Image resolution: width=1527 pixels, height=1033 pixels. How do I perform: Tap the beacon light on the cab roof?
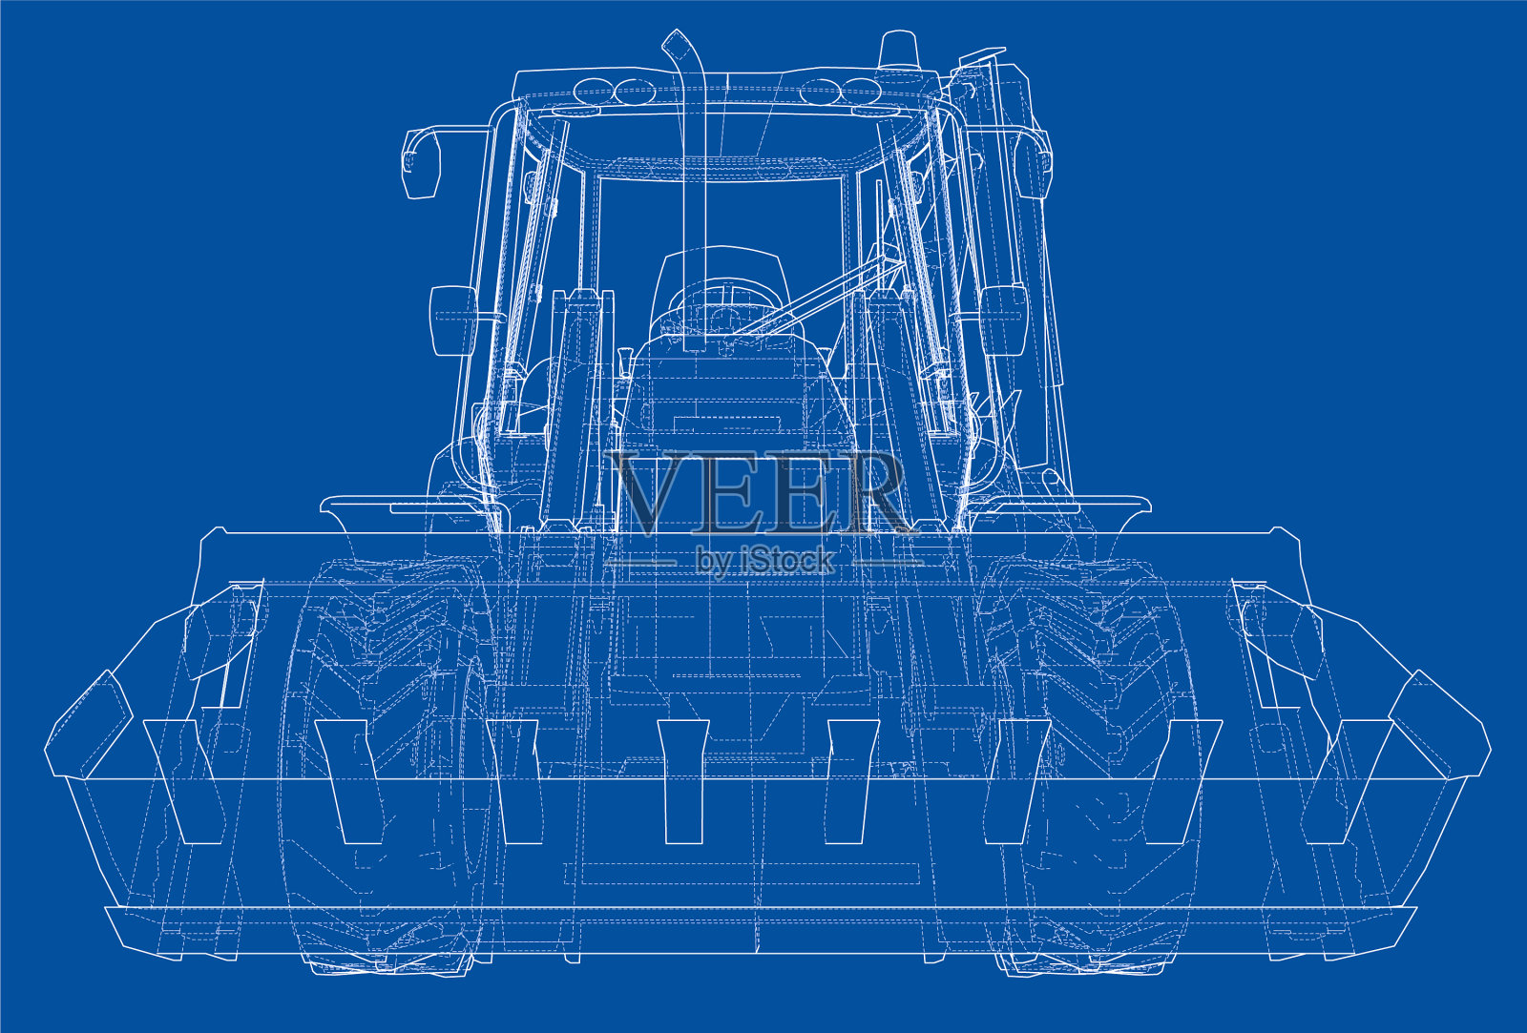click(898, 49)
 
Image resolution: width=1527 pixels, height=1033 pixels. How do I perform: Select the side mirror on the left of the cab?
click(421, 162)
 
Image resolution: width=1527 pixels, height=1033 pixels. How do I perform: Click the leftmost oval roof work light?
click(593, 91)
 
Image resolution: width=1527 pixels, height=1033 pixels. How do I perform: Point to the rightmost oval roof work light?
click(861, 91)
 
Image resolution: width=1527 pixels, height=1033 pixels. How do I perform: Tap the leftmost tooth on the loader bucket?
click(182, 781)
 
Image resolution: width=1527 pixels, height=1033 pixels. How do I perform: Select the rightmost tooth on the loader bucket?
click(1347, 781)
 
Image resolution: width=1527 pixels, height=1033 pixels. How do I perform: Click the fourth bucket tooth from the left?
click(683, 781)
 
